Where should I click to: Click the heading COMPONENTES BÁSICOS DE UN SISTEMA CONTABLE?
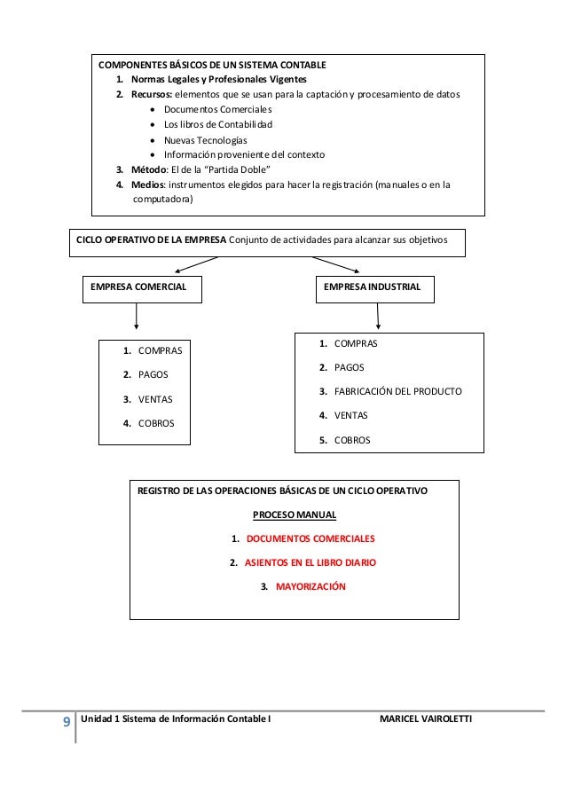(212, 66)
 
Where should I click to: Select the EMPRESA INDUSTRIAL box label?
(373, 287)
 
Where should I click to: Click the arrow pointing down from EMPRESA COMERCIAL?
(137, 318)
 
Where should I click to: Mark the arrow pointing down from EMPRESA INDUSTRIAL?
(379, 315)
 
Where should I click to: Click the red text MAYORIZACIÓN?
(311, 586)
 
